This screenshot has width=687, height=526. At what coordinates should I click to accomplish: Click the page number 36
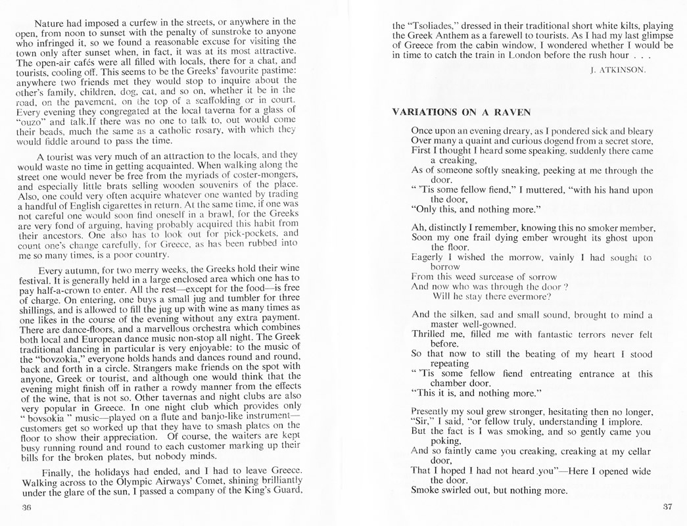pyautogui.click(x=26, y=508)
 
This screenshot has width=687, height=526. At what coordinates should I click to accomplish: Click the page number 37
pyautogui.click(x=667, y=506)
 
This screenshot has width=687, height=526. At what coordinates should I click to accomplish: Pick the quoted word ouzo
pyautogui.click(x=34, y=122)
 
